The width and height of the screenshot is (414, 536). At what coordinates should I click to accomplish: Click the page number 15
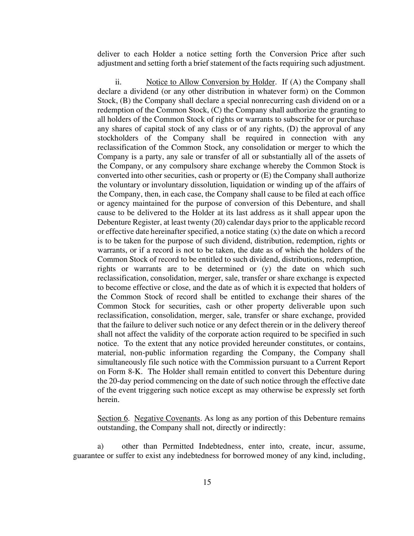coord(207,482)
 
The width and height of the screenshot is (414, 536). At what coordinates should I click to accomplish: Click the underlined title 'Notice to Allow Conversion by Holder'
coord(210,82)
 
